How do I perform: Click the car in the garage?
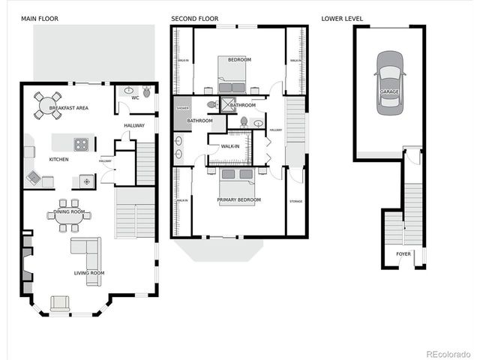point(389,82)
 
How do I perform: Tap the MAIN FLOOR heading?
point(39,18)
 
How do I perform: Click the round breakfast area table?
point(47,105)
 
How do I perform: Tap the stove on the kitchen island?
point(79,144)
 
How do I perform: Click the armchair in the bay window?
point(59,303)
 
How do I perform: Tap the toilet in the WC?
point(148,93)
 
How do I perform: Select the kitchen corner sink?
point(34,177)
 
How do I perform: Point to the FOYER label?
point(403,253)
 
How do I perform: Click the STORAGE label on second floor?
point(296,201)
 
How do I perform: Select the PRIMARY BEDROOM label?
point(238,199)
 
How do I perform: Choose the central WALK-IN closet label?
point(229,146)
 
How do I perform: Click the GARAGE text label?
point(389,91)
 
